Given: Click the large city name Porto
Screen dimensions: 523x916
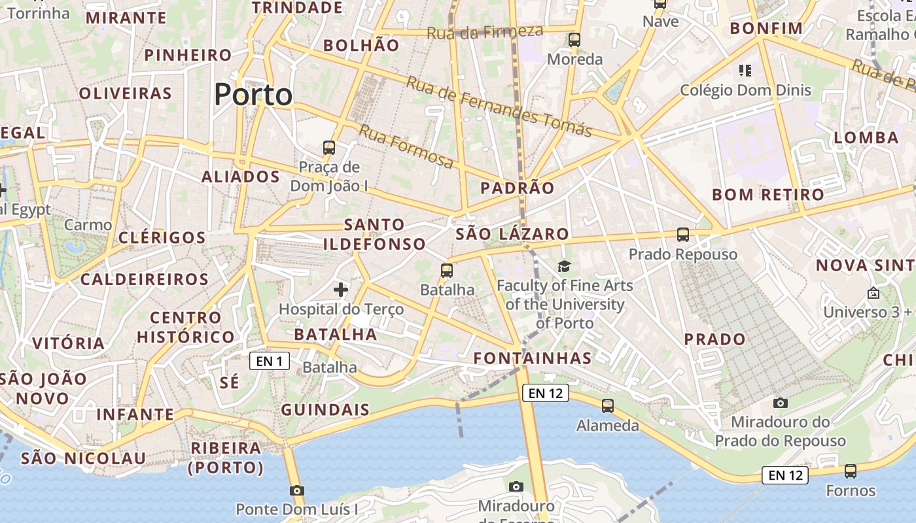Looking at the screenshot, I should pos(253,95).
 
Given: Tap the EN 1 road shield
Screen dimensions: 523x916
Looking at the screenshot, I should pos(269,361).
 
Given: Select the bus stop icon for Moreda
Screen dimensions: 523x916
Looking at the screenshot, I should pos(574,39).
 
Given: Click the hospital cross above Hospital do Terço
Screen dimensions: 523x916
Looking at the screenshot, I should pos(341,288).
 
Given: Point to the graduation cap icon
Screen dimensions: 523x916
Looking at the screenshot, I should pos(564,266).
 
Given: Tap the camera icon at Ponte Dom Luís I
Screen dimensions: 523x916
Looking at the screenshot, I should pos(297,490).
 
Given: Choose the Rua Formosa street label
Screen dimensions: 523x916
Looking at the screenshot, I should pos(406,146).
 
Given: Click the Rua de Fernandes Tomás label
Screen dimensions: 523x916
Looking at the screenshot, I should pos(499,106).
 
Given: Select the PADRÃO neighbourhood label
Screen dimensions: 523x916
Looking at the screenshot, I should pos(517,188).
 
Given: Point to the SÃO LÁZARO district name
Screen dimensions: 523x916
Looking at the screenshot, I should pos(512,234).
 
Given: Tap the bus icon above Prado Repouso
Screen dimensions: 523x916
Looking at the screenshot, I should pos(683,234).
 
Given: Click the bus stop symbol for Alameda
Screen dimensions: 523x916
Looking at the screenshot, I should pos(608,406).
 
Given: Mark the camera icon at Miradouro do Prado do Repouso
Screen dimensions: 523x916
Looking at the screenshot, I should pos(780,403).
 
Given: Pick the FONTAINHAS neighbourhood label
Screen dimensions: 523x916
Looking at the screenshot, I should pos(533,358).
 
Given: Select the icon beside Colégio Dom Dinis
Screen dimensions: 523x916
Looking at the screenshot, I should pos(745,70).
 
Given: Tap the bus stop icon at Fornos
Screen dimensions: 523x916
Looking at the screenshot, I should pos(851,471).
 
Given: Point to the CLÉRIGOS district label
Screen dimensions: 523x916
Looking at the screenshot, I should pos(162,237).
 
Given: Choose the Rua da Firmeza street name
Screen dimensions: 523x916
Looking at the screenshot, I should pos(485,31).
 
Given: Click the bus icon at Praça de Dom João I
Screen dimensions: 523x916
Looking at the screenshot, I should pos(329,148).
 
